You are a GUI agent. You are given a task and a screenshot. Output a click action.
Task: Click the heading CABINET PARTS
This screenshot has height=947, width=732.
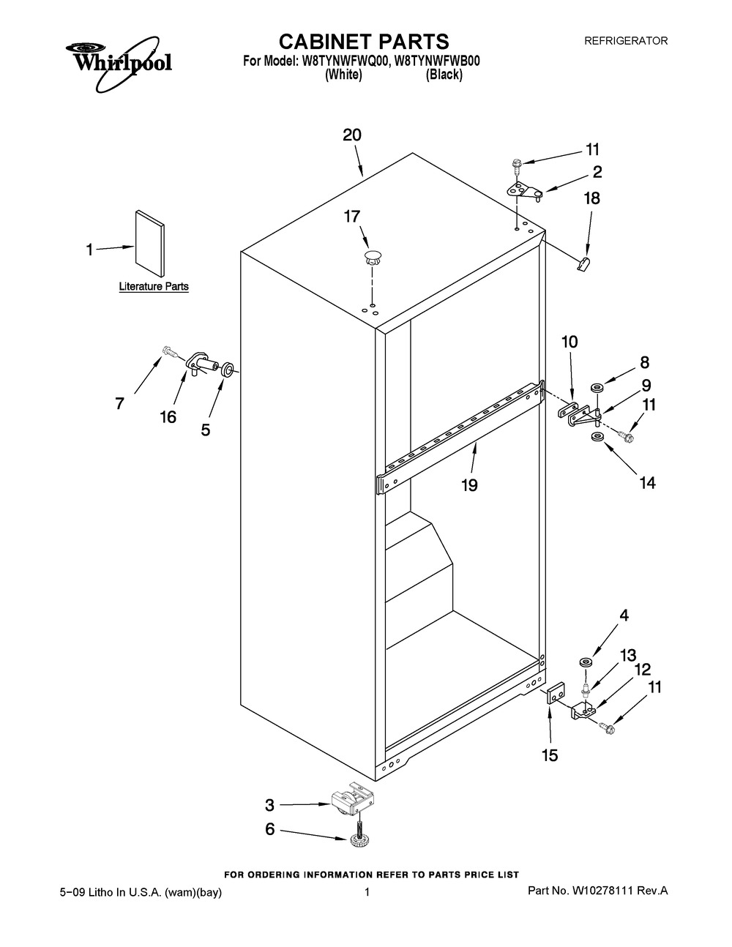pyautogui.click(x=364, y=42)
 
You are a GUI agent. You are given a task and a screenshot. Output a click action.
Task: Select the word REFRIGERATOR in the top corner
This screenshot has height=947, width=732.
pyautogui.click(x=626, y=41)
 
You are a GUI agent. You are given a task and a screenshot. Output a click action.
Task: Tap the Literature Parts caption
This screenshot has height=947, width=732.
pyautogui.click(x=154, y=286)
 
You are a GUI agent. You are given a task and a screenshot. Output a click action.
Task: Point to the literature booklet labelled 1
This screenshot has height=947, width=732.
pyautogui.click(x=150, y=244)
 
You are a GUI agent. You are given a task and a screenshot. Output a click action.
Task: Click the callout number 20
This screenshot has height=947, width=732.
pyautogui.click(x=352, y=135)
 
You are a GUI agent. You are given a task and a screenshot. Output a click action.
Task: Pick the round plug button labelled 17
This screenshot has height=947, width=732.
pyautogui.click(x=372, y=258)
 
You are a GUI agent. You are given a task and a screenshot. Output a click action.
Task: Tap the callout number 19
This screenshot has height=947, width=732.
pyautogui.click(x=470, y=485)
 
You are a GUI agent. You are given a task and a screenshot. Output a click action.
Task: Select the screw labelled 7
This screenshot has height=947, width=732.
pyautogui.click(x=170, y=350)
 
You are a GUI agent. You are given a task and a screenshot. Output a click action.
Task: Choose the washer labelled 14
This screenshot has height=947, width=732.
pyautogui.click(x=596, y=436)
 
